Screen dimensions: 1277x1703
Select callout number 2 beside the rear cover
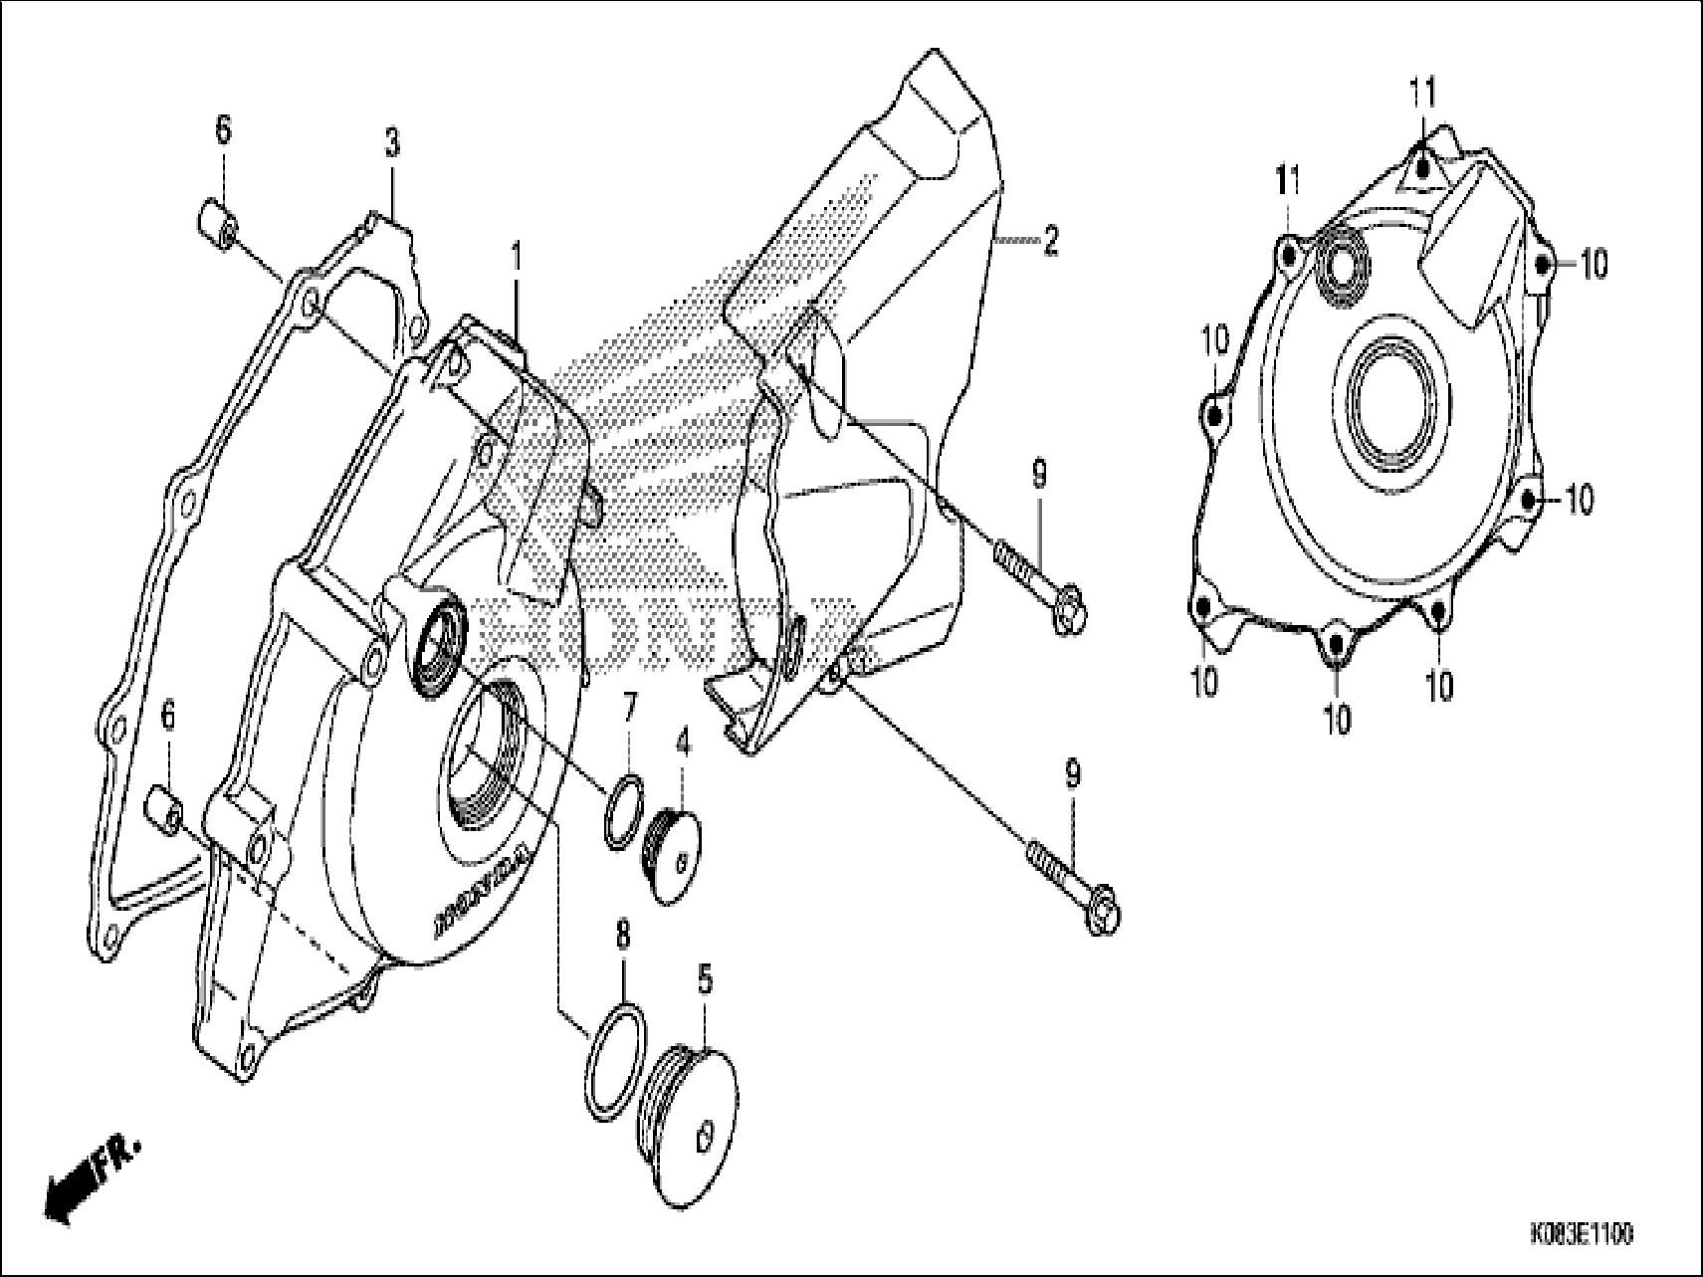pos(1049,241)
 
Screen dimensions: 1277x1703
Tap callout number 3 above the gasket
pos(392,144)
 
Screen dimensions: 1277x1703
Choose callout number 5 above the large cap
pos(705,980)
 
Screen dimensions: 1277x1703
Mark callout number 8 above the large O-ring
pos(623,938)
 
